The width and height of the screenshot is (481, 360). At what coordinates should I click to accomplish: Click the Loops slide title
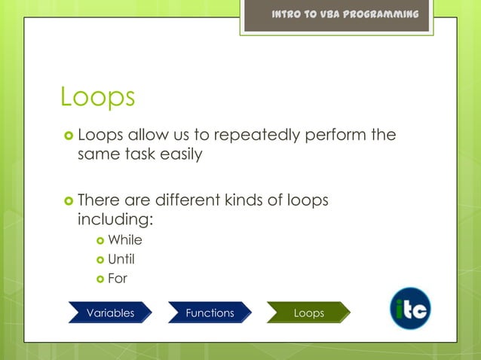[x=98, y=97]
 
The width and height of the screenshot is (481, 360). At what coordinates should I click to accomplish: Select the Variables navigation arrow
[x=110, y=313]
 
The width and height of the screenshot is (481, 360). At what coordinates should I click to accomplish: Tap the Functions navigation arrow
[x=210, y=313]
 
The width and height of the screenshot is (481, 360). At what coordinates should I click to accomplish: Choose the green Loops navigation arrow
[x=308, y=313]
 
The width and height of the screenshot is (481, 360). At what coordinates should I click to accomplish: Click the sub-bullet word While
[x=125, y=240]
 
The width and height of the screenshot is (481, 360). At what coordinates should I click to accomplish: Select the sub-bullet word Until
[x=121, y=260]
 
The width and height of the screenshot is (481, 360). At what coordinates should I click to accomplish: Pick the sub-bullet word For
[x=118, y=279]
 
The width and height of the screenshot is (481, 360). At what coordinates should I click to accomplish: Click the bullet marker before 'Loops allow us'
[x=68, y=136]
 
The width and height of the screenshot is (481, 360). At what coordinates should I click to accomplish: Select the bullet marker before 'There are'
[x=68, y=202]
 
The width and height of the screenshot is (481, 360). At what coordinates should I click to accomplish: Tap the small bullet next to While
[x=100, y=241]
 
